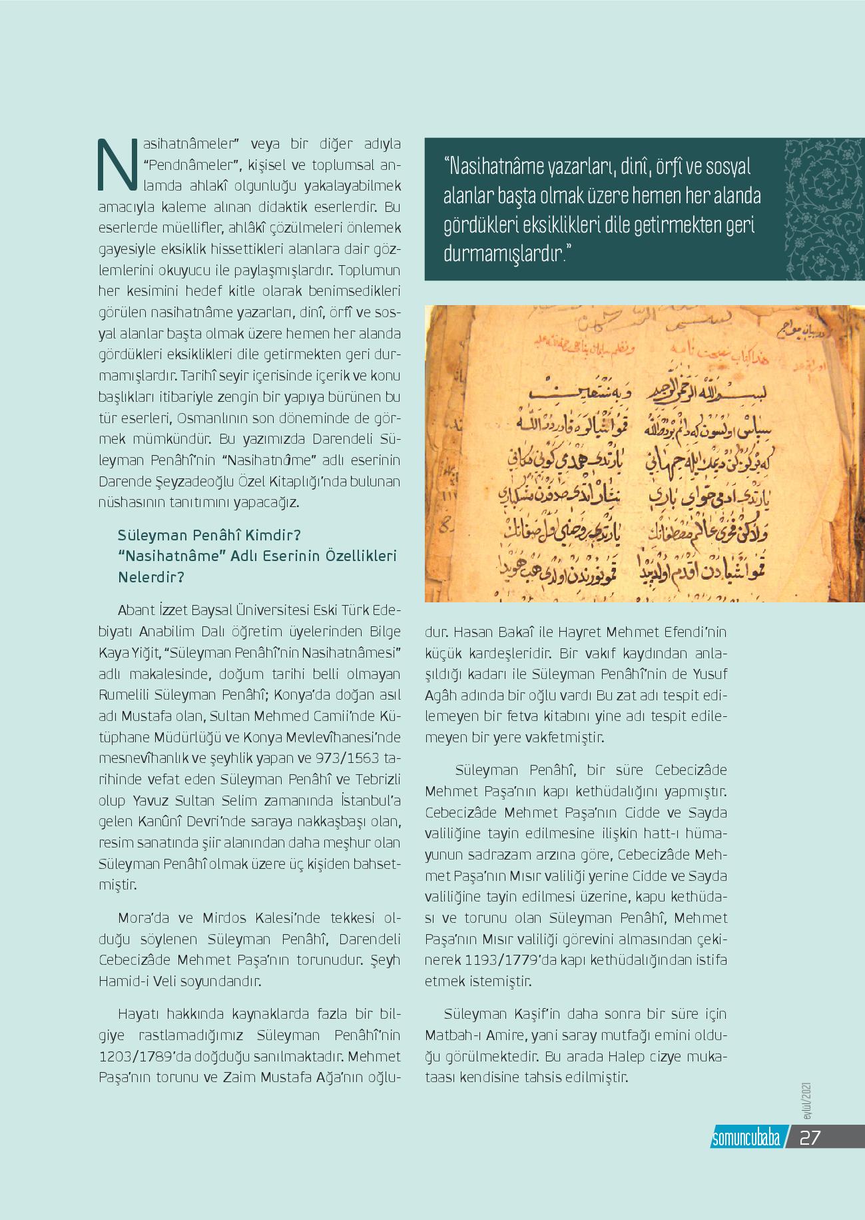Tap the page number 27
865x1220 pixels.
click(x=810, y=1137)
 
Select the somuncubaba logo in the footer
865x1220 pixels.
click(x=745, y=1137)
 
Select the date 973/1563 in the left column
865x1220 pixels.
click(x=361, y=759)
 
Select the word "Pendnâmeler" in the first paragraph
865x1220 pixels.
click(x=188, y=165)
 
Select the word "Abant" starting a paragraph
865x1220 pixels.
click(x=135, y=610)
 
